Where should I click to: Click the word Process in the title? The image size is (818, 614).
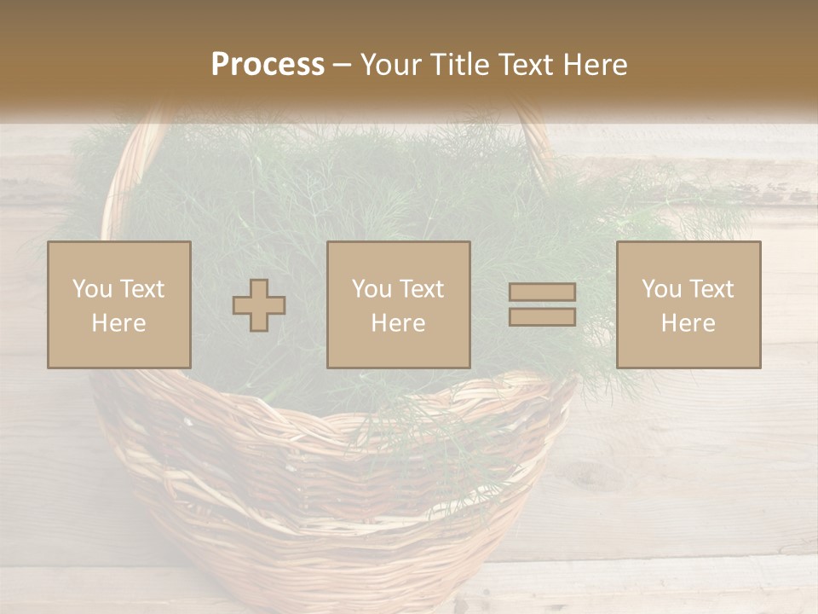coord(268,65)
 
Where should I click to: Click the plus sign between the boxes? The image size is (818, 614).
coord(259,305)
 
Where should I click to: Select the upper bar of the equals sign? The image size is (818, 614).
coord(542,293)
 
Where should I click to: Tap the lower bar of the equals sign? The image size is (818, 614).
coord(542,316)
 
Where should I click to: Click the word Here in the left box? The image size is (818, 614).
coord(118,323)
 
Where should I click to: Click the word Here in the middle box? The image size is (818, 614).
coord(398,323)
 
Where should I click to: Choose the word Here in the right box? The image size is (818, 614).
coord(688,323)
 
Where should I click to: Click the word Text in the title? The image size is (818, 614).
coord(525,65)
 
